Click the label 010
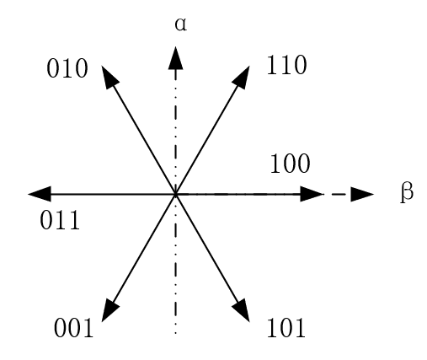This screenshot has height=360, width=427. pos(67,68)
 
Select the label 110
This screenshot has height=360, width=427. pos(286,65)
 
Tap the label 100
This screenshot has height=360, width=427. pos(290,164)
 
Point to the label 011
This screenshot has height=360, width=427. pos(60,220)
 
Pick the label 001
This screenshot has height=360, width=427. pos(73,327)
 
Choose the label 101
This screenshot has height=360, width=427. pos(286,327)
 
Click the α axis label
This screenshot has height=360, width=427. pos(180,24)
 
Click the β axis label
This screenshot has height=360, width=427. pos(407,192)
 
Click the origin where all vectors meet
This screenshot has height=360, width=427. pos(175,194)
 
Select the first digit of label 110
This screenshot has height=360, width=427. pos(272,65)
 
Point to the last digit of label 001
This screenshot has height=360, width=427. pos(88,327)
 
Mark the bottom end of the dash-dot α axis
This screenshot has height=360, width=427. pos(175,333)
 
